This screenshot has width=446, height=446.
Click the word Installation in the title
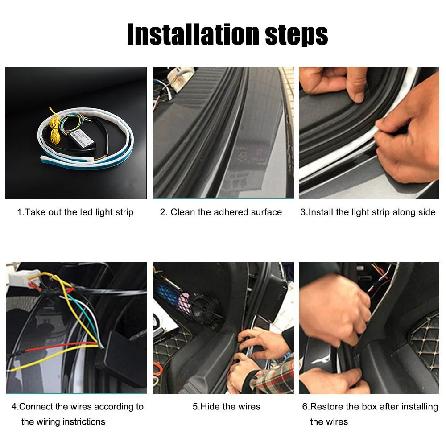tap(193, 34)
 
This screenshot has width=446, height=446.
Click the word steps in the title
tap(297, 36)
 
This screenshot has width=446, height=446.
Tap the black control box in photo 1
tap(83, 138)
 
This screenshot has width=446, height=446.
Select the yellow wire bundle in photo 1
tap(54, 128)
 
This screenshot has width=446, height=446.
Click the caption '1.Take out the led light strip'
tap(75, 212)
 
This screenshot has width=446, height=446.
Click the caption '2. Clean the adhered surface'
tap(221, 212)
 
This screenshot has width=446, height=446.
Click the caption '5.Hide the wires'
tap(227, 406)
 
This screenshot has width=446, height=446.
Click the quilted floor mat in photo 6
tap(425, 341)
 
